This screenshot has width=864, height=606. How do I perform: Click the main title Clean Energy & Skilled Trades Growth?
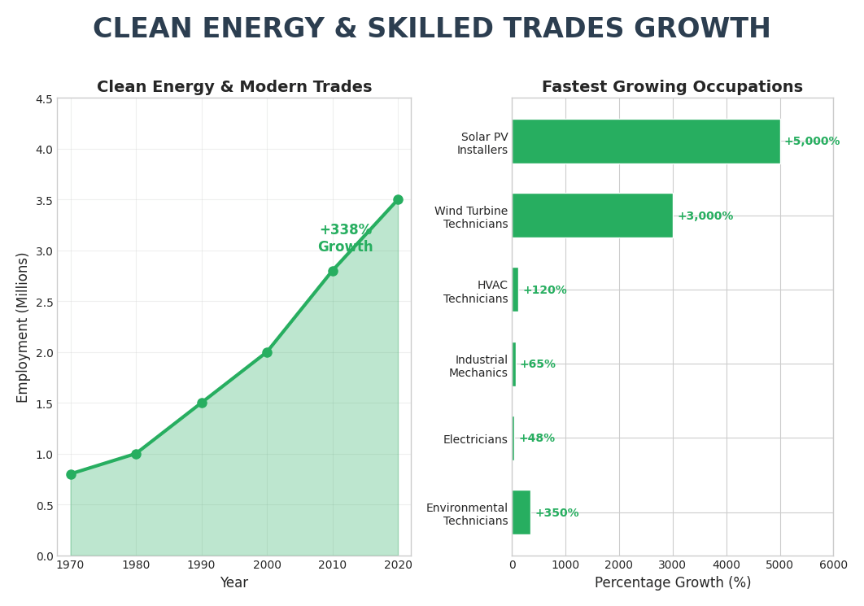pos(431,29)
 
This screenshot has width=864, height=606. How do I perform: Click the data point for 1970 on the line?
pos(71,474)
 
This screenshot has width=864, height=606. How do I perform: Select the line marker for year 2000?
pos(267,352)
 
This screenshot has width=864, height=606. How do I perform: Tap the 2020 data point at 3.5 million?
pos(398,200)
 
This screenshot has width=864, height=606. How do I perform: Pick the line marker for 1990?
pos(202,403)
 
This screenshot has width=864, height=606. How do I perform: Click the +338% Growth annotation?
pos(346,238)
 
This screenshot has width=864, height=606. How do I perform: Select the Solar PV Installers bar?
pos(645,142)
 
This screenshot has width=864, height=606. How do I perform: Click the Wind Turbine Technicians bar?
pos(591,216)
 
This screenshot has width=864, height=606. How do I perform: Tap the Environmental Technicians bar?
pos(521,512)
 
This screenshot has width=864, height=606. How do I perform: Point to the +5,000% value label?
pos(811,142)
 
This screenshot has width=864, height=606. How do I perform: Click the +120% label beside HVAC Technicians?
pos(544,290)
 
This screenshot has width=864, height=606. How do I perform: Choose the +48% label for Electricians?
pos(537,438)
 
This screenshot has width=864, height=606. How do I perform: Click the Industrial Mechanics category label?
pos(480,367)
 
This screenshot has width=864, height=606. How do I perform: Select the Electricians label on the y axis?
pos(475,440)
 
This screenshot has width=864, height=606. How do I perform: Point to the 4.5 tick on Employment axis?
pos(43,99)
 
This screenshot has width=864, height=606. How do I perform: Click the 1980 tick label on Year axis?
pos(136,564)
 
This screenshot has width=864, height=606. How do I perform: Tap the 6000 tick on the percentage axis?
pos(832,565)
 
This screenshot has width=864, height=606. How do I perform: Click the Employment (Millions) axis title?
pos(23,327)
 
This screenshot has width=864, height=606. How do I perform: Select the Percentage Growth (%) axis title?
pos(672,583)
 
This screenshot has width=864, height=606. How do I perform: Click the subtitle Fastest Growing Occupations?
pos(672,87)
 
